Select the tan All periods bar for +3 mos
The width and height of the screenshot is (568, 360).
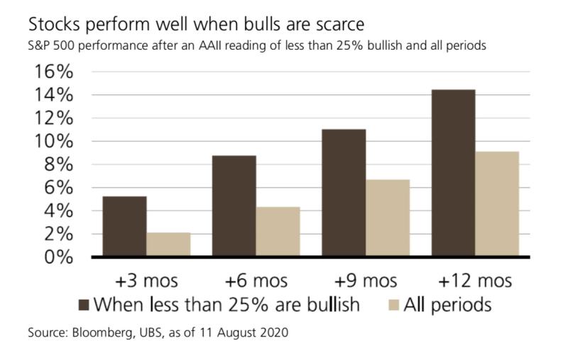tap(168, 244)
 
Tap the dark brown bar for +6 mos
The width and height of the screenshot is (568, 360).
tap(234, 206)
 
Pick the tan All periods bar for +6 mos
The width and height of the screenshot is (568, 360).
tap(278, 231)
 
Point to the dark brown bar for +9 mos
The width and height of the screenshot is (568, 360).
tap(344, 192)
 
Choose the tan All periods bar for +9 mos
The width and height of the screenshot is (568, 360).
tap(388, 218)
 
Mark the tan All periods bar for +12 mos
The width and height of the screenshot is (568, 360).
tap(497, 204)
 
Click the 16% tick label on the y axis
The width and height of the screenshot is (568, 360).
tap(51, 72)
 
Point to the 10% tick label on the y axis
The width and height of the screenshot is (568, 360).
tap(51, 141)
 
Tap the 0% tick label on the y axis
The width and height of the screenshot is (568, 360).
tap(57, 256)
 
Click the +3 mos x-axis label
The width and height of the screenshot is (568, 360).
tap(148, 279)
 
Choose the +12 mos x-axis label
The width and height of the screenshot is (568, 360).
tap(475, 279)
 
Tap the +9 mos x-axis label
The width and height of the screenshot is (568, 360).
tap(366, 279)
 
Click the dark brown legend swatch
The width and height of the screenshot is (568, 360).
tap(84, 307)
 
